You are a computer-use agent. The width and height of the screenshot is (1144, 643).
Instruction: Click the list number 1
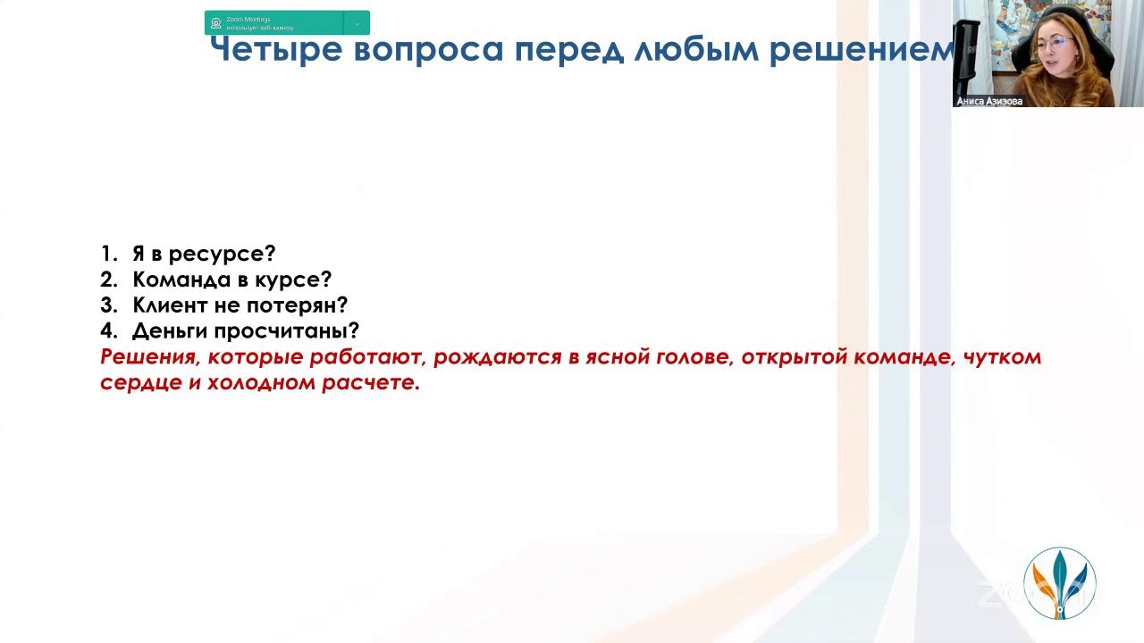[x=107, y=254]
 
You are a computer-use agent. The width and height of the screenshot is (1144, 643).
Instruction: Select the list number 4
[x=108, y=331]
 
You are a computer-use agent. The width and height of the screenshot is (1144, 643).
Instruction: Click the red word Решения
[x=147, y=357]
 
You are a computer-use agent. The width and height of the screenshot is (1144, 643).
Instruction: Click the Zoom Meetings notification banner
[x=286, y=22]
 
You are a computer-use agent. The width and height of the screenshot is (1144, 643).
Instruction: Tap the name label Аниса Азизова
[x=989, y=101]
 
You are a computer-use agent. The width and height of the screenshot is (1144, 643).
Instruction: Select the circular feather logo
[x=1059, y=582]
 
